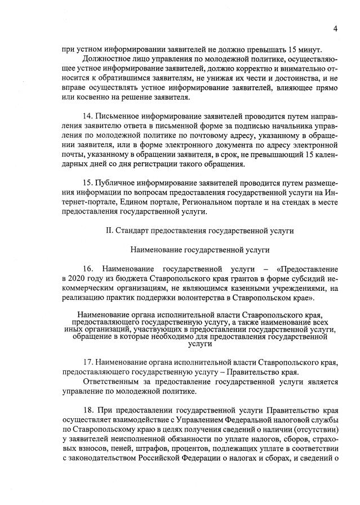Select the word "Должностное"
point(105,59)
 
